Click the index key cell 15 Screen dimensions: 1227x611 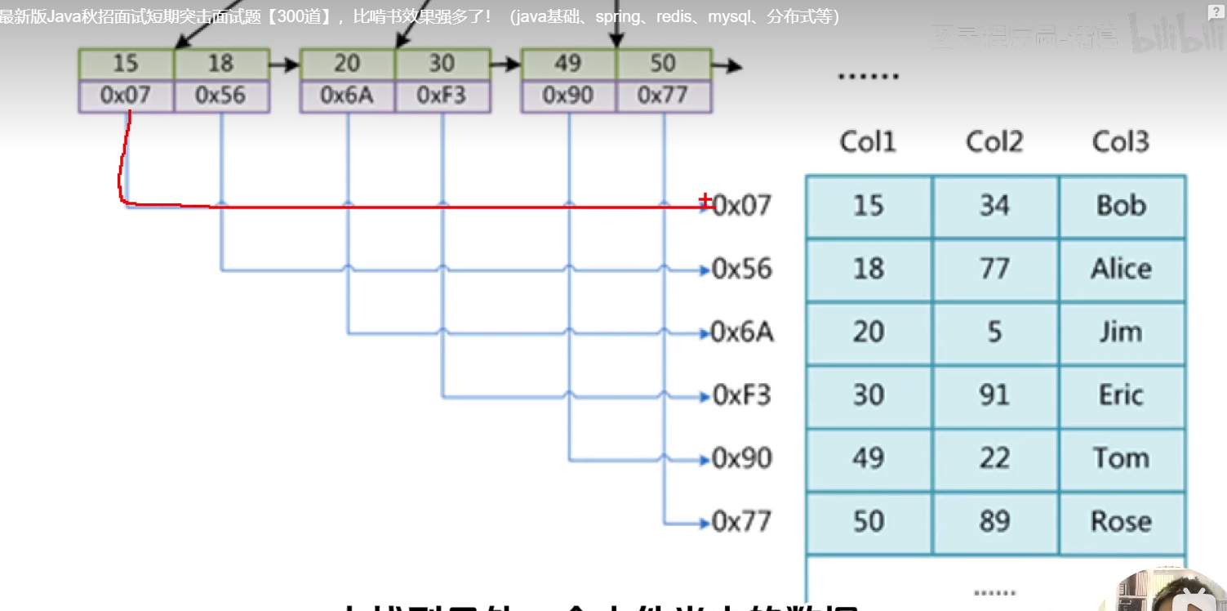pyautogui.click(x=126, y=64)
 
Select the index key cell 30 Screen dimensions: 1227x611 pyautogui.click(x=442, y=64)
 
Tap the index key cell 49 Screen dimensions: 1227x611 pyautogui.click(x=567, y=64)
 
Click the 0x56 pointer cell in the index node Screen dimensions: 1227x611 pyautogui.click(x=220, y=96)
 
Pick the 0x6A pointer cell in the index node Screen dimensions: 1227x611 pyautogui.click(x=347, y=96)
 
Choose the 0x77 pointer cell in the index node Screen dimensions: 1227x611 pyautogui.click(x=662, y=96)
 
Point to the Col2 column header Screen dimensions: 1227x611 pyautogui.click(x=994, y=142)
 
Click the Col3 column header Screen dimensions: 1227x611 pyautogui.click(x=1120, y=142)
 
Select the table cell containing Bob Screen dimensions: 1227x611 pyautogui.click(x=1121, y=205)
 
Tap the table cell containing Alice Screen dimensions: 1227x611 pyautogui.click(x=1121, y=269)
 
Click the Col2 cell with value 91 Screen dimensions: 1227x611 pyautogui.click(x=994, y=395)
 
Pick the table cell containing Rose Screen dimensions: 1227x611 pyautogui.click(x=1121, y=521)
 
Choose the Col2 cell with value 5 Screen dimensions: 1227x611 pyautogui.click(x=994, y=332)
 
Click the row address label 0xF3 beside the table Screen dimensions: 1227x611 pyautogui.click(x=741, y=396)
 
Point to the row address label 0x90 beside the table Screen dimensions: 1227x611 pyautogui.click(x=741, y=458)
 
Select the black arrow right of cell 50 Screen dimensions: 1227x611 pyautogui.click(x=727, y=65)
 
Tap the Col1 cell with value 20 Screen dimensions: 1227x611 pyautogui.click(x=868, y=332)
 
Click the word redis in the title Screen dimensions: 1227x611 pyautogui.click(x=674, y=16)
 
